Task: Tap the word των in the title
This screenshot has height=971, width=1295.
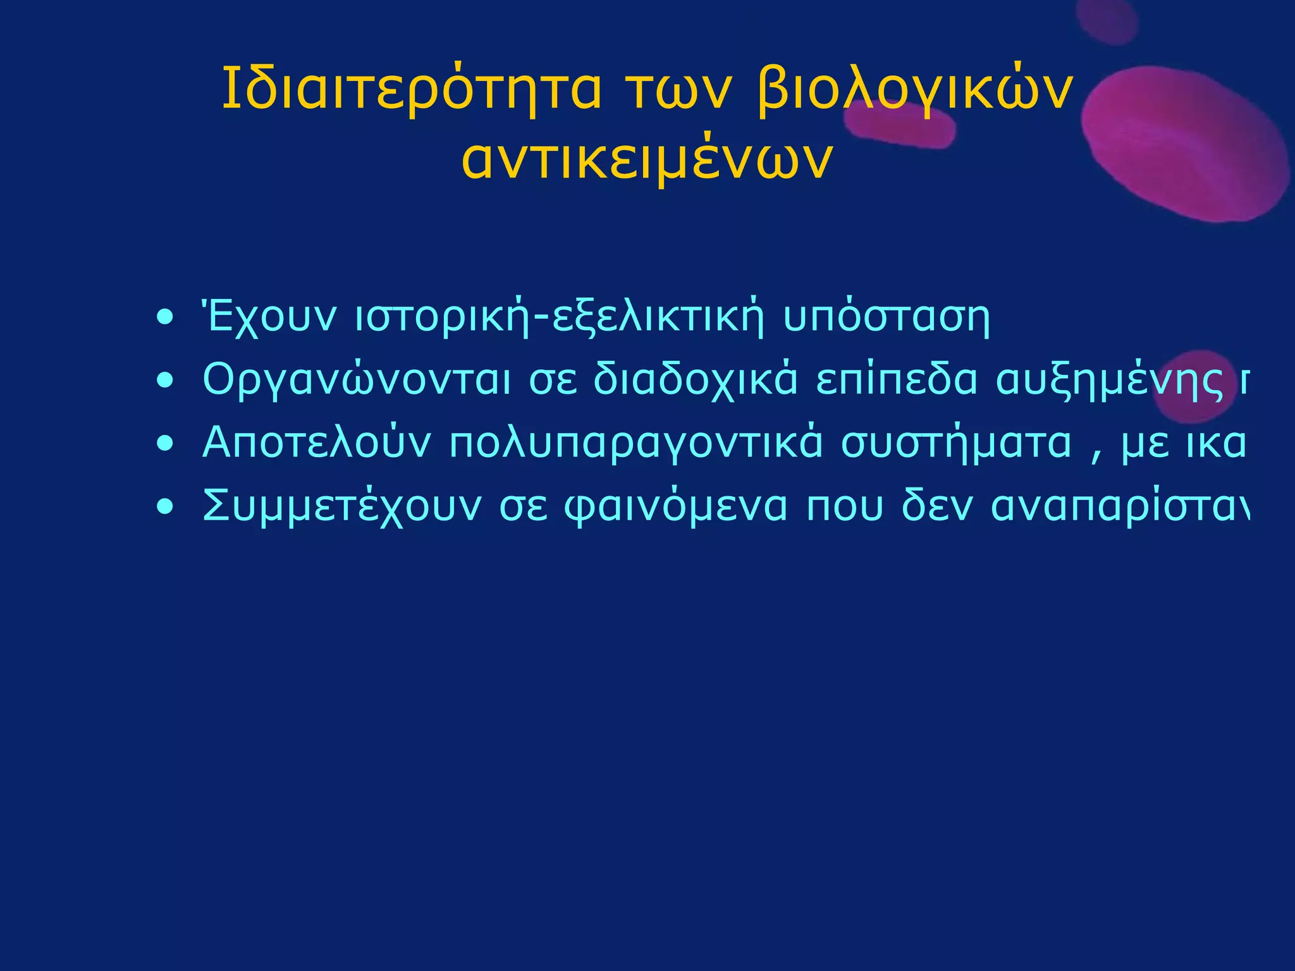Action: coord(678,89)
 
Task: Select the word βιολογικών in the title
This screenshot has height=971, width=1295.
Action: coord(914,89)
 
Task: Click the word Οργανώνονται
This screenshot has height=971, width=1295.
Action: coord(356,379)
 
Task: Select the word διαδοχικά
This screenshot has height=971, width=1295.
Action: coord(695,379)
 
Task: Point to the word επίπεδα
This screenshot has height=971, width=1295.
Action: coord(896,379)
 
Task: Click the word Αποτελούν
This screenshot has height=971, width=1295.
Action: coord(316,443)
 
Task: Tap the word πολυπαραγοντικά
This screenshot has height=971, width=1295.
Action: coord(635,443)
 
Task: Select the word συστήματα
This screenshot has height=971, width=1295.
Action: coord(956,443)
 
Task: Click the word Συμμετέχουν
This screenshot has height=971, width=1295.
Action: coord(342,506)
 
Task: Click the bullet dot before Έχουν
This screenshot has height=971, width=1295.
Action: coord(166,317)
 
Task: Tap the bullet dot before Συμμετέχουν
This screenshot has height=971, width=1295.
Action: coord(166,507)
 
